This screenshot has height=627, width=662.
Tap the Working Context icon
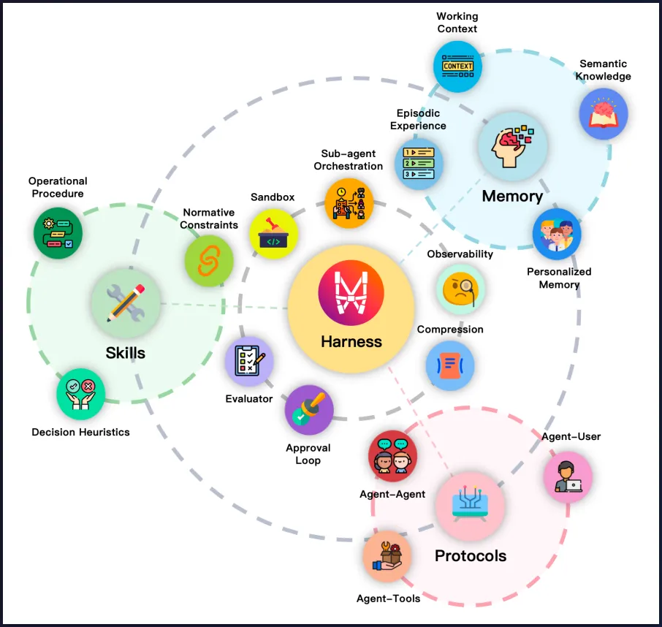pos(457,66)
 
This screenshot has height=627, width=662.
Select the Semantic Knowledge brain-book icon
pos(603,113)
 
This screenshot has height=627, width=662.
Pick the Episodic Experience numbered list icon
pos(419,163)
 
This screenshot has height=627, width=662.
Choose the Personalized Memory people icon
pos(557,235)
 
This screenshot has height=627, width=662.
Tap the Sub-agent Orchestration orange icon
pos(349,203)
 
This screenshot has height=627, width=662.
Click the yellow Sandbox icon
pos(273,234)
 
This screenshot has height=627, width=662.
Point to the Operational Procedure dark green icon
pos(58,232)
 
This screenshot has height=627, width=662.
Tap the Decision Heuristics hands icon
pos(80,393)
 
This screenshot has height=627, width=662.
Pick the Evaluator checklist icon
pos(249,361)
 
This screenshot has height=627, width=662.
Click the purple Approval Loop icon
pos(309,410)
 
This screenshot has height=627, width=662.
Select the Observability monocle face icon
pos(460,288)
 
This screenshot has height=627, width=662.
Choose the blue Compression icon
pos(450,365)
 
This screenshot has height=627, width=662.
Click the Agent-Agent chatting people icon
pos(392,456)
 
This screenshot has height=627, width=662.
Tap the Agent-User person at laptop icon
pos(568,476)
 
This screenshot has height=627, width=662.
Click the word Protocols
pos(471,556)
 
